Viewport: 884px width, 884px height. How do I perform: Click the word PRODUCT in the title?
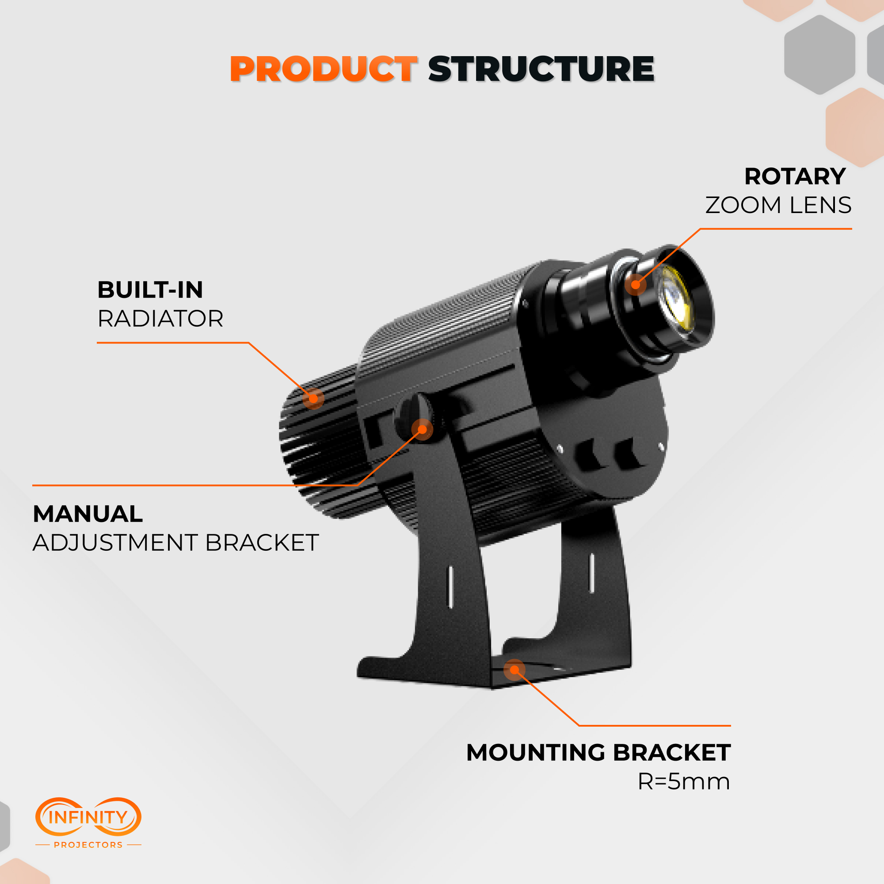(x=323, y=69)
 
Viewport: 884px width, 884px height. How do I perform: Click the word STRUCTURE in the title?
(x=541, y=69)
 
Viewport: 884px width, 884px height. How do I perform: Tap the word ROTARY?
(x=795, y=177)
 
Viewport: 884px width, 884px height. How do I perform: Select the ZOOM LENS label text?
(x=778, y=205)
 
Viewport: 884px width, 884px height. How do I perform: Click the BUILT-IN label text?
(x=150, y=290)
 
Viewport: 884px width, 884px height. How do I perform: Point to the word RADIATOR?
(x=160, y=319)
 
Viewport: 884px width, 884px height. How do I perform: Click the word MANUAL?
(x=88, y=514)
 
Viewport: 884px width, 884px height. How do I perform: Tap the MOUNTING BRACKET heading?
(x=598, y=753)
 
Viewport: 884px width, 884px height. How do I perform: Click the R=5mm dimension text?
(x=684, y=781)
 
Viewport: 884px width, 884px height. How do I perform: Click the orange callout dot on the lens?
(x=636, y=285)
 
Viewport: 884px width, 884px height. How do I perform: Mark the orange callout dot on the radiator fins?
(x=313, y=398)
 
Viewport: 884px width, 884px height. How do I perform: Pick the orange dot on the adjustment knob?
(x=422, y=429)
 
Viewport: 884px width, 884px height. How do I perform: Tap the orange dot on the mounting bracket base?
(x=514, y=670)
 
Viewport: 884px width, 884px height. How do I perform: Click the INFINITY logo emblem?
(x=88, y=817)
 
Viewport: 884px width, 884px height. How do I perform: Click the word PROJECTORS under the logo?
(x=88, y=845)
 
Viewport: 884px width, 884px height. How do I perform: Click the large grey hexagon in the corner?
(x=819, y=55)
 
